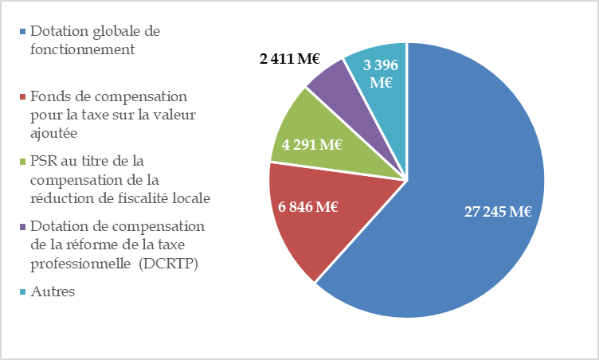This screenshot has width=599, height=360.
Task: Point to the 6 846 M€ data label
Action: click(308, 208)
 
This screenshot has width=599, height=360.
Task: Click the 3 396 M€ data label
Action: click(382, 73)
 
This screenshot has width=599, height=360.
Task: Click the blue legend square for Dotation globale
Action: click(22, 33)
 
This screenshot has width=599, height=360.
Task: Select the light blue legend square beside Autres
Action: click(22, 292)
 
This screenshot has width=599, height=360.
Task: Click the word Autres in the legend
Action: click(53, 292)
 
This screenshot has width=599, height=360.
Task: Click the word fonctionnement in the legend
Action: click(81, 49)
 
